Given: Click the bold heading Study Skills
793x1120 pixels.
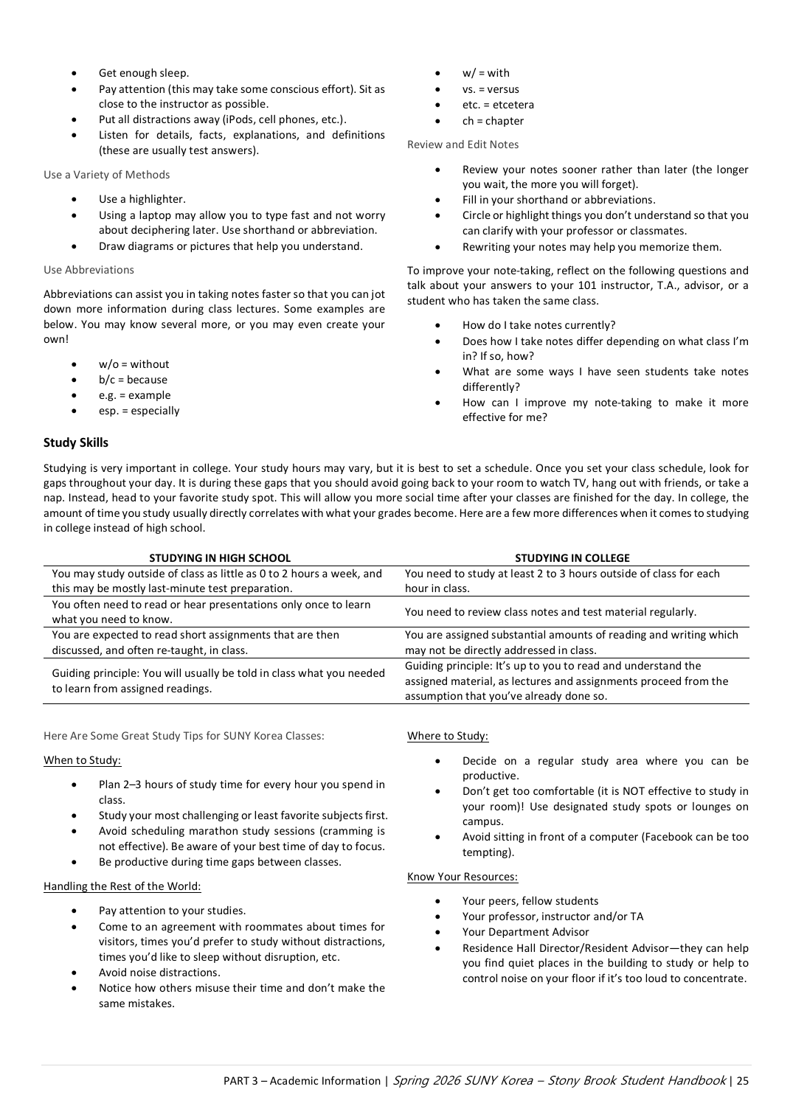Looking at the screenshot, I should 76,442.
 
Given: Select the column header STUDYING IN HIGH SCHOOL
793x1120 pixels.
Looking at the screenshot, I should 220,558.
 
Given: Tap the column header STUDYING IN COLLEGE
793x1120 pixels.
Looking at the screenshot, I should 572,558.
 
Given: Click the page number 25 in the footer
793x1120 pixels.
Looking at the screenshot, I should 742,1081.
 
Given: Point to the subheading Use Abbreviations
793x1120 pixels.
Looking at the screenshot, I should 89,270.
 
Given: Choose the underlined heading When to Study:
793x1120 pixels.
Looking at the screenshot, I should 82,760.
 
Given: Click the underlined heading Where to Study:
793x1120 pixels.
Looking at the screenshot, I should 447,736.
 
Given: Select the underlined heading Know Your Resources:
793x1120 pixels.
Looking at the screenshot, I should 462,877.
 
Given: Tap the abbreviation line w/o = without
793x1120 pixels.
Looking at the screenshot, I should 134,364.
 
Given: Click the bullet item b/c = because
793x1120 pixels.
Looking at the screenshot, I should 133,380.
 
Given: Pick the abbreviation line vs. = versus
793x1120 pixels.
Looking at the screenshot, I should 491,89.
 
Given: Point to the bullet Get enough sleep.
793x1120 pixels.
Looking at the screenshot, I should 144,73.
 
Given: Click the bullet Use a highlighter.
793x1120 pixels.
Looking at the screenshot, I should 142,199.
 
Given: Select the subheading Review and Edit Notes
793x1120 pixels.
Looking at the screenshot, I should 463,145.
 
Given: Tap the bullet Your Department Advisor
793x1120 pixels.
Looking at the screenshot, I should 525,932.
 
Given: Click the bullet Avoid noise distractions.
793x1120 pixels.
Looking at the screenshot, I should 159,973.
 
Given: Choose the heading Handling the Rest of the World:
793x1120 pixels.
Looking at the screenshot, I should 122,886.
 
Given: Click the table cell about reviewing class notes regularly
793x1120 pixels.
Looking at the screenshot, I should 550,612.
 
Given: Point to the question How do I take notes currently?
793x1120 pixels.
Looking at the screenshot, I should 539,325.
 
